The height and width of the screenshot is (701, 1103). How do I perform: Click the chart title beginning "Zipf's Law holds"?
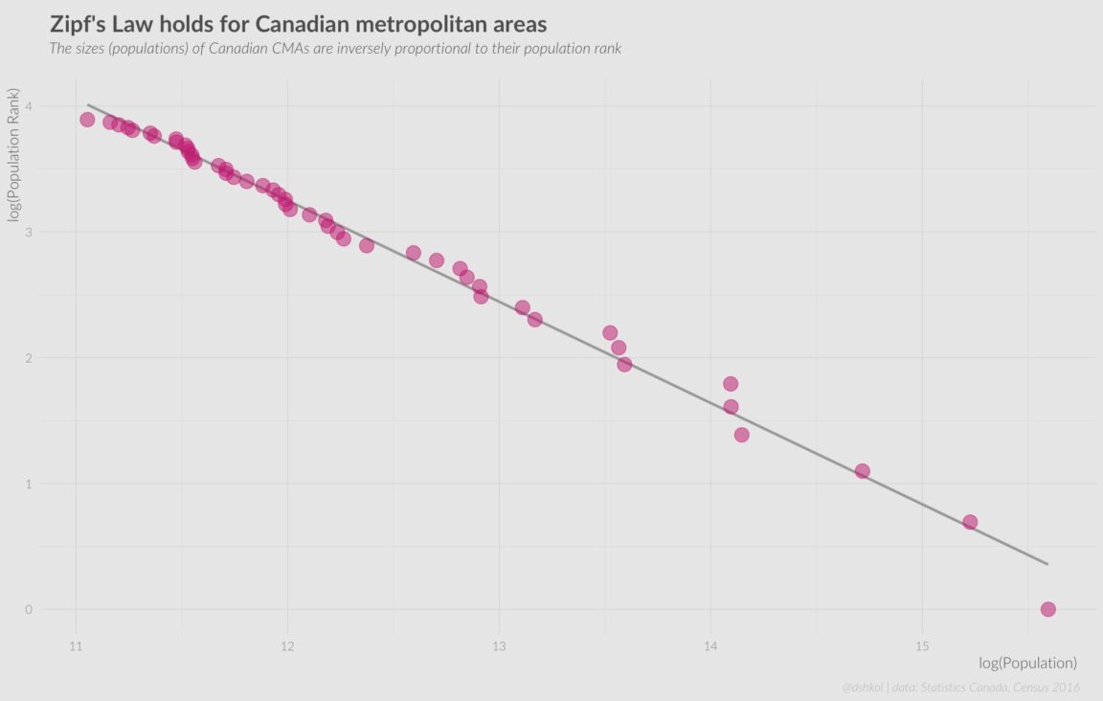coord(298,23)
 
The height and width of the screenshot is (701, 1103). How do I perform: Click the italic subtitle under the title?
coord(335,48)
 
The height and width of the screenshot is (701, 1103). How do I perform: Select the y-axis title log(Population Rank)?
coord(14,155)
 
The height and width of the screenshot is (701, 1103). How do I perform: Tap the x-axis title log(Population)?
coord(1027,663)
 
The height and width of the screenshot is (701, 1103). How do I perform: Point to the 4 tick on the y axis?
coord(29,106)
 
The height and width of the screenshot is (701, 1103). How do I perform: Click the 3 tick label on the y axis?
coord(29,232)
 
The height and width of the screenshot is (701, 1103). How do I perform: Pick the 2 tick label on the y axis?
coord(29,358)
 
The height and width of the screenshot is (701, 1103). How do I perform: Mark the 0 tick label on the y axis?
coord(29,609)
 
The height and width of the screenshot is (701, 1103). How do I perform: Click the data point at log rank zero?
coord(1047,609)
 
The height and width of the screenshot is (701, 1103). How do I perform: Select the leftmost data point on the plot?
coord(87,120)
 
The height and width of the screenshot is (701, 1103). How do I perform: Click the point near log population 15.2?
coord(970,522)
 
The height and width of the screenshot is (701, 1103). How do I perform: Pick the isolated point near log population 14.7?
coord(862,471)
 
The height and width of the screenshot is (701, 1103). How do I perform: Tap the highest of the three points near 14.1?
coord(731,384)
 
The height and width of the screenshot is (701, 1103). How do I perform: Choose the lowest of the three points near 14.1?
coord(741,435)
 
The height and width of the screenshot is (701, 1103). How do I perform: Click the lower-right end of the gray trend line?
coord(1047,564)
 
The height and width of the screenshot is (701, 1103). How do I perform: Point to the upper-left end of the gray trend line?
coord(88,104)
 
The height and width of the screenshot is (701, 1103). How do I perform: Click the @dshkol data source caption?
coord(960,687)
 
